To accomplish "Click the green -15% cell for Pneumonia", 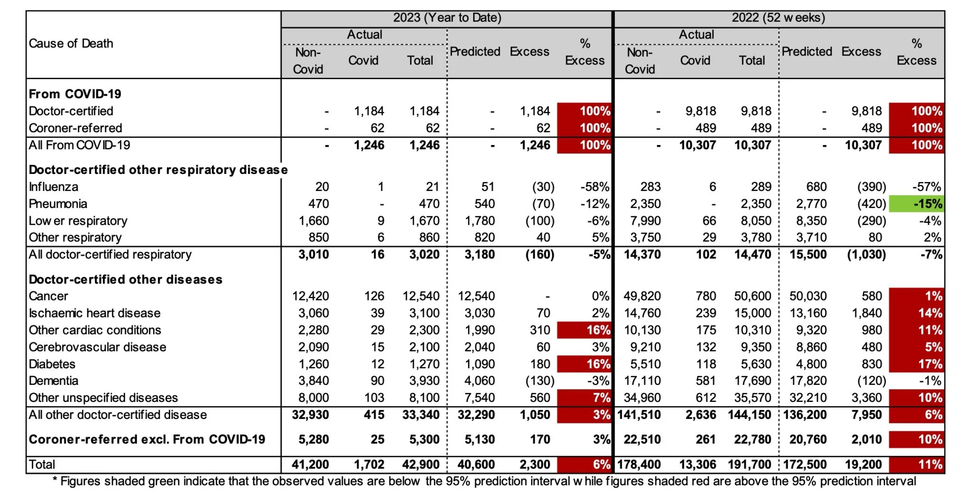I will (916, 204).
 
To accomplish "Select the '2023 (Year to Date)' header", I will (447, 18).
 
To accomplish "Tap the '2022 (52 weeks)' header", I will (778, 18).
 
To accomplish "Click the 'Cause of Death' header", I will (71, 44).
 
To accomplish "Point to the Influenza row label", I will (54, 187).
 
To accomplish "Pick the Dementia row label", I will (54, 381).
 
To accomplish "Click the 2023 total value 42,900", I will (421, 465).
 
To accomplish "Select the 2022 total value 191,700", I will (750, 465).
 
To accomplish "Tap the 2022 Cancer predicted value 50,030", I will (808, 296).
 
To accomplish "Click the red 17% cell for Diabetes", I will (916, 364).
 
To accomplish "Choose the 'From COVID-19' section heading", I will (75, 94).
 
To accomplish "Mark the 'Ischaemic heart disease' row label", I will (95, 313).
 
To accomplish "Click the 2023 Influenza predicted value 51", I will (487, 187).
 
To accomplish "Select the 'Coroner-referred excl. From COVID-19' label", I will (147, 439).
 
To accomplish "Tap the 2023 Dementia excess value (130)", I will (540, 381).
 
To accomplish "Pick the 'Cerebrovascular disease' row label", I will (98, 347).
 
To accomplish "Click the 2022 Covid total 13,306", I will (697, 465).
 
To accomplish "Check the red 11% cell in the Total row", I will (916, 465).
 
